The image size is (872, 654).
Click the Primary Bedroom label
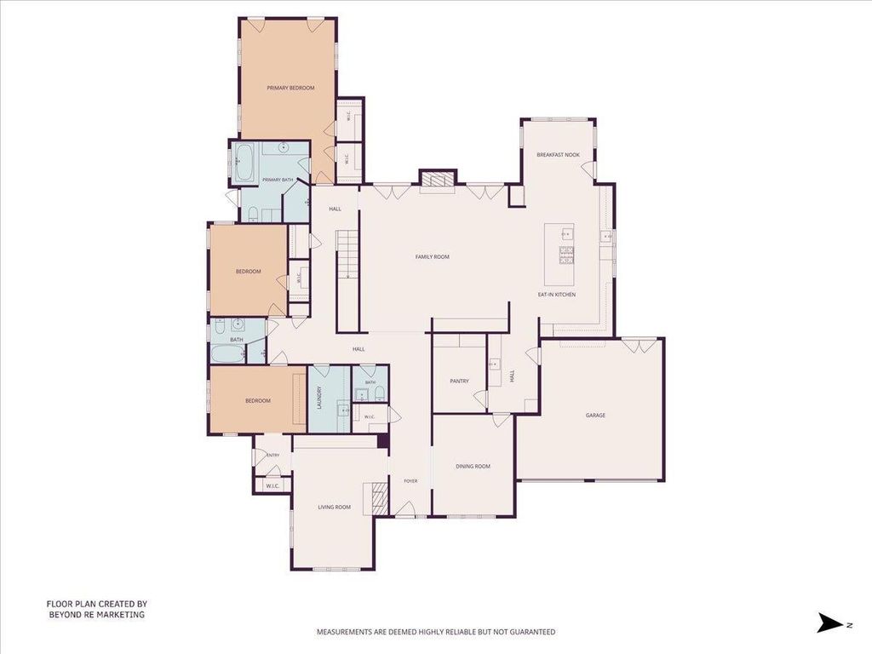tap(290, 88)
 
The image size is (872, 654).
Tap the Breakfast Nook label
tap(558, 155)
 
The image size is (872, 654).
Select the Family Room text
tap(432, 257)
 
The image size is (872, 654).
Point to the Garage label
tap(595, 416)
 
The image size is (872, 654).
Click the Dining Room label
tap(473, 467)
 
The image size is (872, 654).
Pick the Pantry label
tap(459, 381)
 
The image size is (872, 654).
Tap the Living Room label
tap(334, 508)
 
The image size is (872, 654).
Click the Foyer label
tap(410, 481)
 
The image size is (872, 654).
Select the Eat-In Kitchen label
tap(557, 295)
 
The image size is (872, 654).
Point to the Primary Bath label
tap(278, 180)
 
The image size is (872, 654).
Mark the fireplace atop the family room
tap(437, 180)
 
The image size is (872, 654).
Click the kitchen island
tap(559, 253)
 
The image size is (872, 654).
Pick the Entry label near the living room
tap(272, 456)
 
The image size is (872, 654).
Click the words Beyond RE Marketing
tap(97, 615)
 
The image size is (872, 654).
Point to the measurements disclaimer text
tap(436, 632)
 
